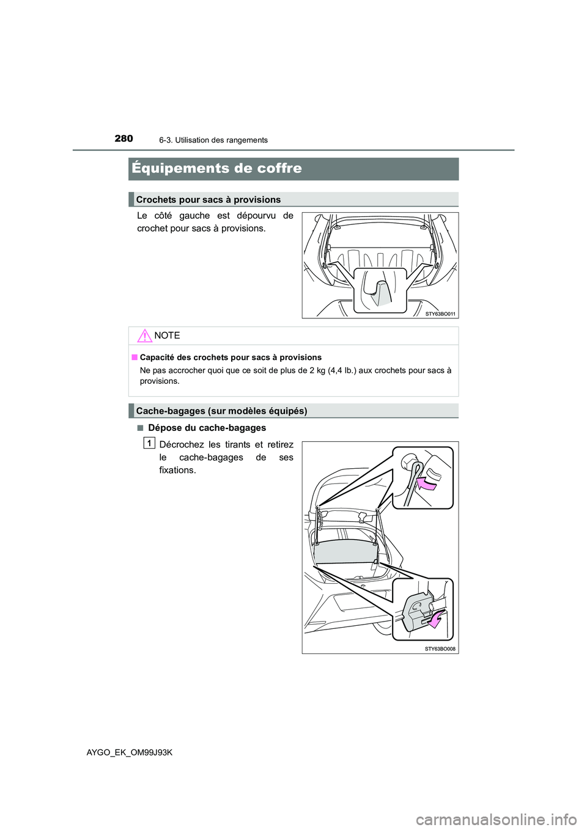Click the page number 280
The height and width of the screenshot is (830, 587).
[123, 139]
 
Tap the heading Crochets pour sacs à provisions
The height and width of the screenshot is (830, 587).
[209, 199]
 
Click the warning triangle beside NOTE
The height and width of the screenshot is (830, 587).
[144, 335]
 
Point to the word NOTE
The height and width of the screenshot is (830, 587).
[168, 336]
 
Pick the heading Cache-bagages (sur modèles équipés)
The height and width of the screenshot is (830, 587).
[221, 411]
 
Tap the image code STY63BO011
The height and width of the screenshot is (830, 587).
[441, 313]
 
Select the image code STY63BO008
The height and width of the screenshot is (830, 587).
[441, 648]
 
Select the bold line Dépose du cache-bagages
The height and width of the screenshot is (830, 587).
[207, 428]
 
